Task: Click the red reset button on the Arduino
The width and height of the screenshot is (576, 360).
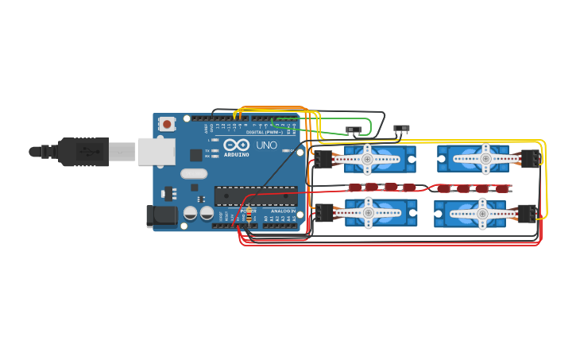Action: pyautogui.click(x=167, y=124)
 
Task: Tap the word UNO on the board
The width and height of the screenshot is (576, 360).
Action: pyautogui.click(x=266, y=145)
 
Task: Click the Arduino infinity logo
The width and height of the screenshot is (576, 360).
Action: pyautogui.click(x=237, y=145)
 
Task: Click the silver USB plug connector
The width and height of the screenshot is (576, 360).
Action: pyautogui.click(x=156, y=151)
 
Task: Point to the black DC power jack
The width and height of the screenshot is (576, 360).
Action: pyautogui.click(x=162, y=216)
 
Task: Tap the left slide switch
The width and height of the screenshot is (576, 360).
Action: pyautogui.click(x=354, y=130)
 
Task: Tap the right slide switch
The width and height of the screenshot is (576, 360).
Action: pyautogui.click(x=402, y=129)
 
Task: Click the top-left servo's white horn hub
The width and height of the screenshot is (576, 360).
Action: pyautogui.click(x=368, y=159)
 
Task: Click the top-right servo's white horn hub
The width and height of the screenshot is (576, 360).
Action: pyautogui.click(x=485, y=159)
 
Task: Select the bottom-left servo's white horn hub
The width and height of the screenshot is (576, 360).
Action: pyautogui.click(x=368, y=212)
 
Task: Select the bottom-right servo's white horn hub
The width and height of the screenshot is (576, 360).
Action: pyautogui.click(x=482, y=212)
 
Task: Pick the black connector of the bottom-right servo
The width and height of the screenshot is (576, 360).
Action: pyautogui.click(x=527, y=213)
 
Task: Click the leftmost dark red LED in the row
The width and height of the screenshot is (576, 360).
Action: pyautogui.click(x=354, y=188)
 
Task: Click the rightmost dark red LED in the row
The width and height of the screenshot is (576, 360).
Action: pyautogui.click(x=501, y=188)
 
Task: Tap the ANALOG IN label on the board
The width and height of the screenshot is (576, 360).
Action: pyautogui.click(x=282, y=211)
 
